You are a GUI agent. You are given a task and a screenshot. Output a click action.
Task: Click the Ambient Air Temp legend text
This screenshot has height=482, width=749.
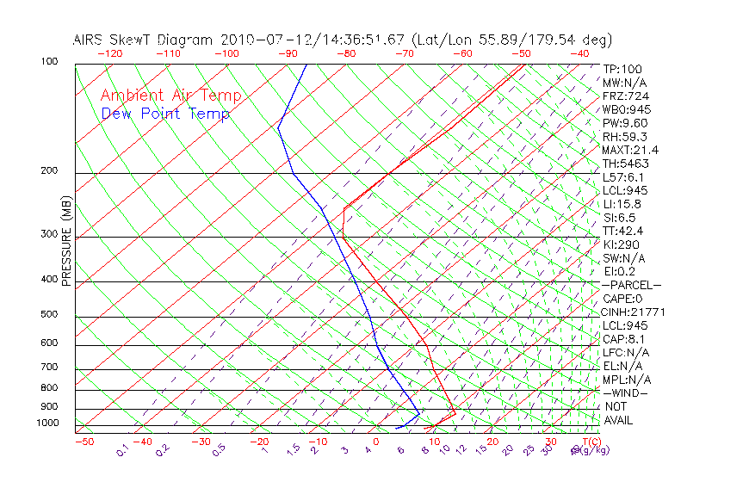pyautogui.click(x=170, y=96)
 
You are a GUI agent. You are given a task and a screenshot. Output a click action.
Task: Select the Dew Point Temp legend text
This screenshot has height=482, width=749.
pyautogui.click(x=165, y=114)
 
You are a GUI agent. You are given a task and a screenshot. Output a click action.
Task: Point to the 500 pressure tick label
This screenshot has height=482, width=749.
pyautogui.click(x=48, y=315)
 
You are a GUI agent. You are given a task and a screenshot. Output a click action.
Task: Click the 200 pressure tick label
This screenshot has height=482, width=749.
pyautogui.click(x=48, y=170)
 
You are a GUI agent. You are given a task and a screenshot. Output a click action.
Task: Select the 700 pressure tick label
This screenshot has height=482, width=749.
pyautogui.click(x=48, y=368)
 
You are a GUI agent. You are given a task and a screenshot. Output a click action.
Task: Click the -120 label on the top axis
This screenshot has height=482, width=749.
pyautogui.click(x=109, y=53)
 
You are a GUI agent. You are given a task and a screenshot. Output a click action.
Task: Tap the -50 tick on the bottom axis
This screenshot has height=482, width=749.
pyautogui.click(x=84, y=442)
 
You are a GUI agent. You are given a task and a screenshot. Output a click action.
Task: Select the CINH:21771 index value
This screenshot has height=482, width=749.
pyautogui.click(x=632, y=312)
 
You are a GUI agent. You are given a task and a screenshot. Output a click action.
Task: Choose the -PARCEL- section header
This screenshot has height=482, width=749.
pyautogui.click(x=631, y=285)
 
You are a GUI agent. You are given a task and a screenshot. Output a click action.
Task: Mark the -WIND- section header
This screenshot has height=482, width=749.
pyautogui.click(x=625, y=392)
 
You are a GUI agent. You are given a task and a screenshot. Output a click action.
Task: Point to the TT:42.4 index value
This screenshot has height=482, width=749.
pyautogui.click(x=623, y=231)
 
